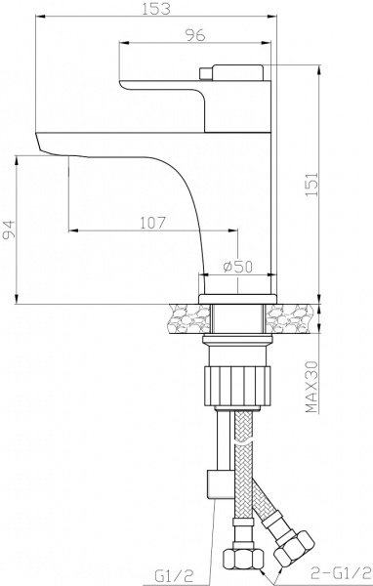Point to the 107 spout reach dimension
151,222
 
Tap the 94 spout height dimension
9,231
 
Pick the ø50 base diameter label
238,266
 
